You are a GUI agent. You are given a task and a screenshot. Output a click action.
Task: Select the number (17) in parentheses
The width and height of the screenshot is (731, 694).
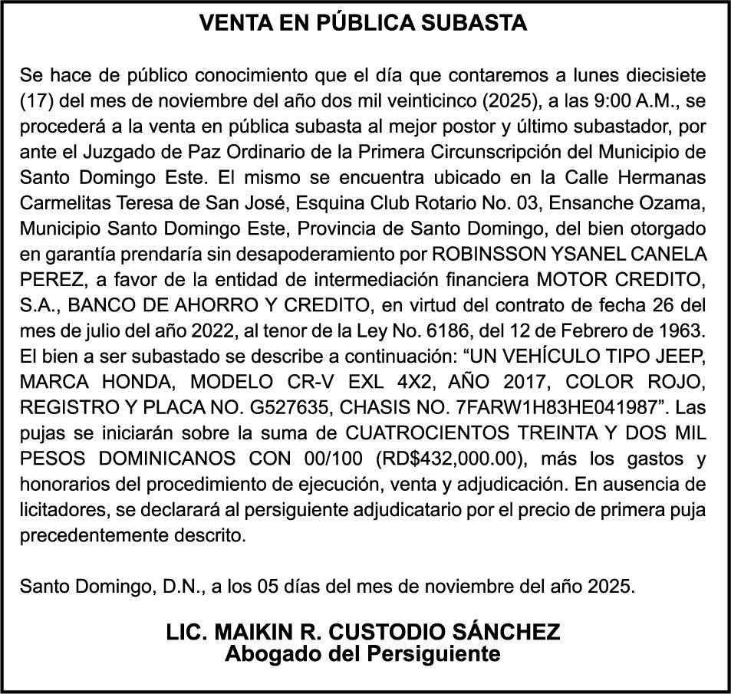click(35, 100)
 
